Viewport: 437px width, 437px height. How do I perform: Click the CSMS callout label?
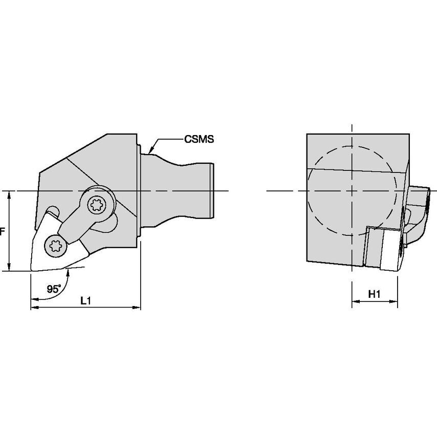pos(199,139)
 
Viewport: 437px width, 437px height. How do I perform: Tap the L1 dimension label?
pos(85,301)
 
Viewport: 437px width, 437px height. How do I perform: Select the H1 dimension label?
pos(374,294)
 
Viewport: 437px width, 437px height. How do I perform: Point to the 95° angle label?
pos(54,289)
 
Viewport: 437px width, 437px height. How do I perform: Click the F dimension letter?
pos(3,231)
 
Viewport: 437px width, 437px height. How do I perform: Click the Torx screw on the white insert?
pos(56,246)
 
